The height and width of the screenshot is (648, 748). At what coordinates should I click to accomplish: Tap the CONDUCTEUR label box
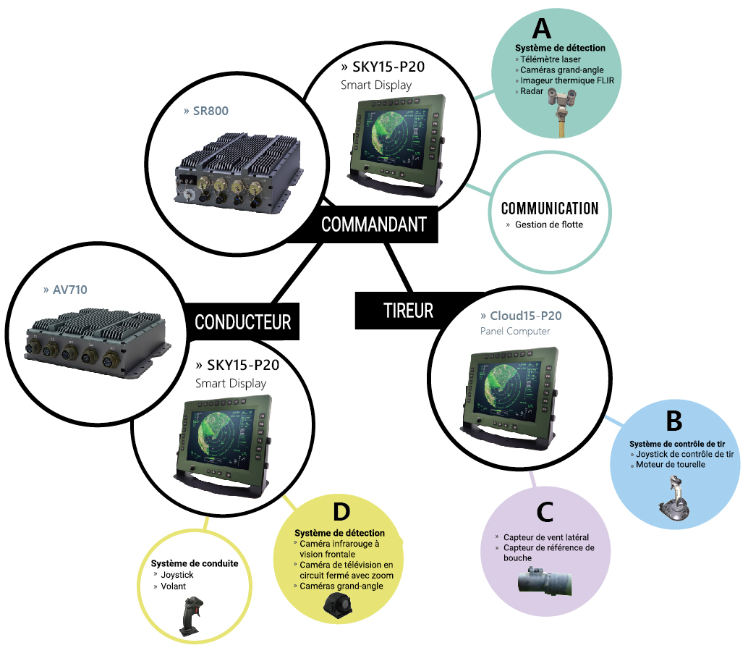(x=242, y=322)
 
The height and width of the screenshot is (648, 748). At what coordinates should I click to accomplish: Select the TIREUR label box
(x=408, y=311)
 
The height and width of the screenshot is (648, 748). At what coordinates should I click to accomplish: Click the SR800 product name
(x=206, y=111)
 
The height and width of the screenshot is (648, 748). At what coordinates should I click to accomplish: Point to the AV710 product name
(x=65, y=290)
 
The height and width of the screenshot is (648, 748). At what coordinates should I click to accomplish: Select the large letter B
(x=674, y=421)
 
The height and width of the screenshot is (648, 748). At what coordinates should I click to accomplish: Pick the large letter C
(x=545, y=512)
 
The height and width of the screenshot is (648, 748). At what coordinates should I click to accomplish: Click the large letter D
(x=341, y=511)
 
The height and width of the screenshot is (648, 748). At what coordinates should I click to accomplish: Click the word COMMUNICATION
(x=550, y=209)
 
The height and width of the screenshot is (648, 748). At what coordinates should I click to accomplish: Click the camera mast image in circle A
(x=562, y=112)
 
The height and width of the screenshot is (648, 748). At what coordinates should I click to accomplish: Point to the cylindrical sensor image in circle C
(x=545, y=581)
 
